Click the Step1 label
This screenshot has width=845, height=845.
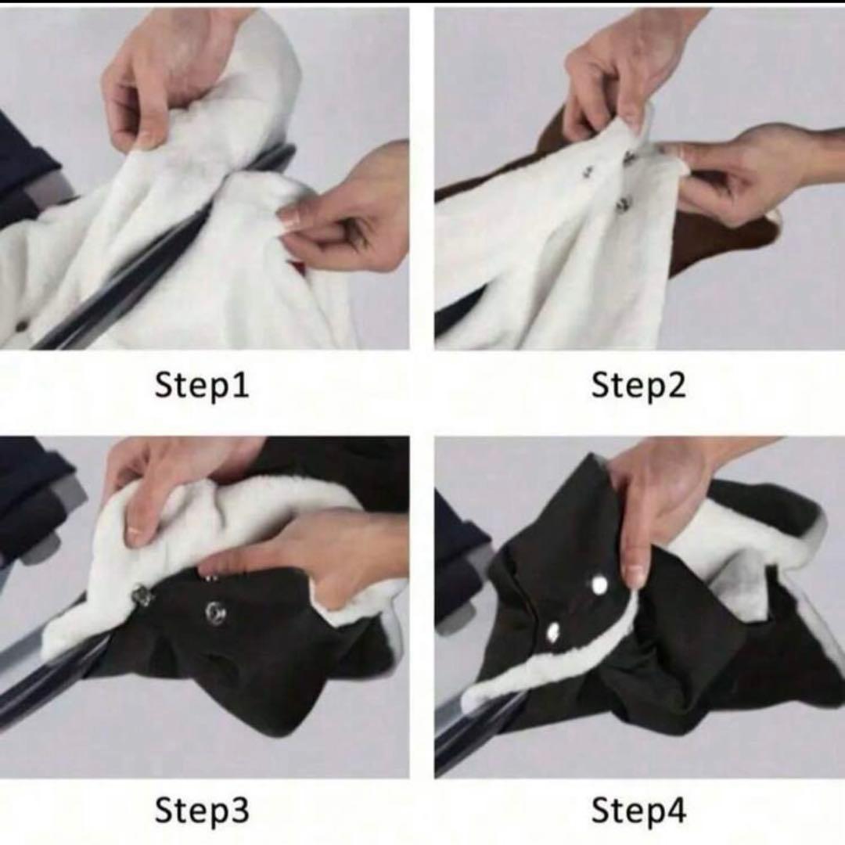[202, 386]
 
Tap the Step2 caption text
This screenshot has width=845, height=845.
[638, 386]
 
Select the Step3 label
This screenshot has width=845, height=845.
[202, 810]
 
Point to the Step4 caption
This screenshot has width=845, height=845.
[638, 810]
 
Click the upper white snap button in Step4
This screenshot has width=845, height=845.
[599, 584]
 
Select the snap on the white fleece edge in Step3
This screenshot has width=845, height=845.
[143, 595]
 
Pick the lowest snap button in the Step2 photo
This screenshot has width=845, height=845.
[623, 203]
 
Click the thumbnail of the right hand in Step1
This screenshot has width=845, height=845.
[290, 218]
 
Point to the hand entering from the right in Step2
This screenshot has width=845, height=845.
[754, 172]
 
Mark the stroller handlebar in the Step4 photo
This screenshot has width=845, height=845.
[474, 728]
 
